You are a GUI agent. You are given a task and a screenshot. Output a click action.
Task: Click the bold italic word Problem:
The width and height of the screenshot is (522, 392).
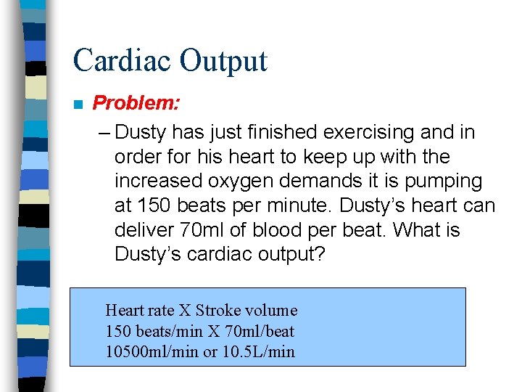click(136, 103)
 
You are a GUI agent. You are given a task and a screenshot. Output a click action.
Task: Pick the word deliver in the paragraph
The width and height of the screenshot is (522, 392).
click(141, 230)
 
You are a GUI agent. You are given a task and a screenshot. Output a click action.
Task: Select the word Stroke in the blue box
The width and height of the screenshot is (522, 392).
click(218, 311)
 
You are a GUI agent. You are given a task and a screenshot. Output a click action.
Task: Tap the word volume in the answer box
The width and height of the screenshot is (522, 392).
click(272, 311)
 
